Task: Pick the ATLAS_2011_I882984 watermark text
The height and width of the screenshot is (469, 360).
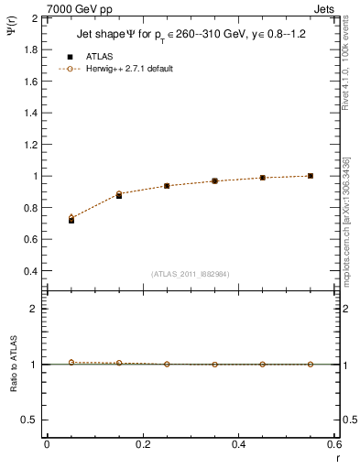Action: coord(189,273)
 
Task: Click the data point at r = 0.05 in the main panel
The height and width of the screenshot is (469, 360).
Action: coord(71,220)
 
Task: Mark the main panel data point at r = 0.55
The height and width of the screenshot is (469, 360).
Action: coord(311,176)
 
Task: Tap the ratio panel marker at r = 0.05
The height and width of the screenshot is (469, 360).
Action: coord(71,362)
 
